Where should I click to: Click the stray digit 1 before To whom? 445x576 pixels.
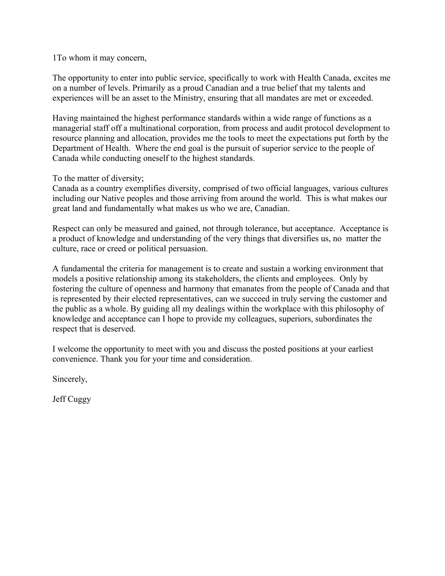click(54, 58)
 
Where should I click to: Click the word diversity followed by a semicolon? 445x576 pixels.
click(127, 178)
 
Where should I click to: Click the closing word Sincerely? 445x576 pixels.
click(70, 379)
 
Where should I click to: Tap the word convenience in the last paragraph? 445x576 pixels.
click(75, 359)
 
